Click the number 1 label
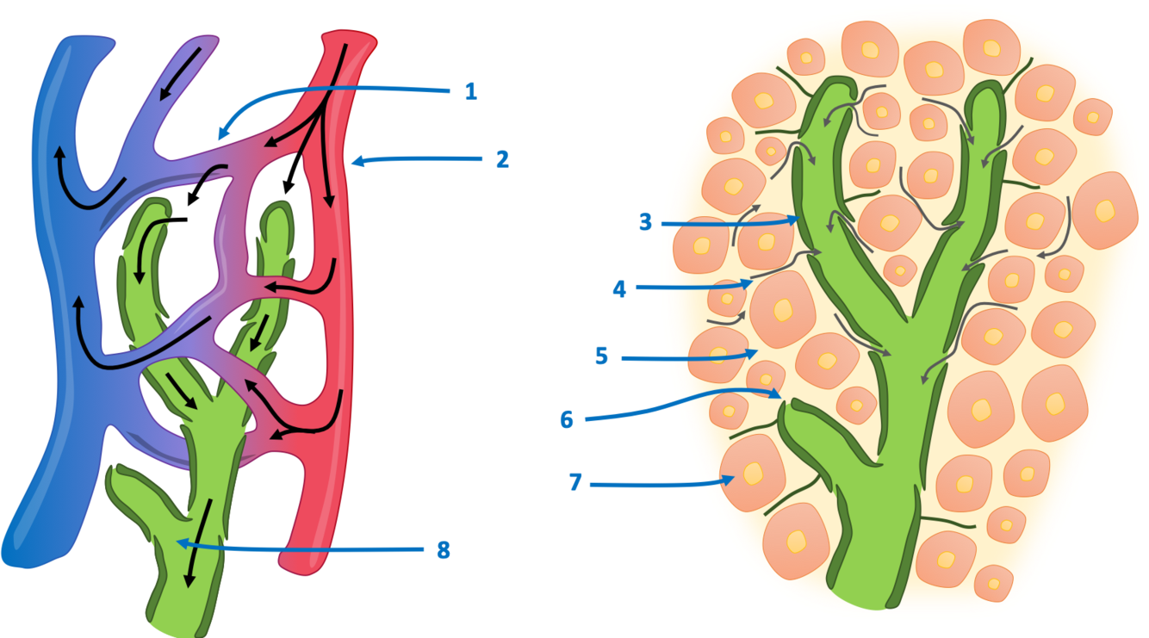tap(470, 91)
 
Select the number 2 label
tap(502, 158)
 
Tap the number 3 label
tap(645, 223)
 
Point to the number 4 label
tap(619, 288)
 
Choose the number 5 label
tap(601, 356)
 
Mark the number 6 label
tap(566, 418)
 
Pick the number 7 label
tap(575, 483)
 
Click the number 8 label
tap(443, 550)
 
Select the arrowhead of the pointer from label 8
tap(177, 542)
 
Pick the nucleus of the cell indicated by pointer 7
tap(754, 473)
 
